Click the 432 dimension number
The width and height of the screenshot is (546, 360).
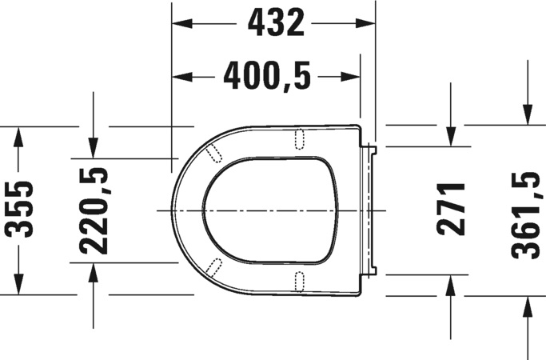pyautogui.click(x=276, y=23)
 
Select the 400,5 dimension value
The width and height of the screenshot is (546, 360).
pyautogui.click(x=267, y=76)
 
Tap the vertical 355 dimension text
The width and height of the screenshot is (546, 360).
pyautogui.click(x=20, y=209)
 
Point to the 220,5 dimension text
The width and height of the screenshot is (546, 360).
pyautogui.click(x=94, y=210)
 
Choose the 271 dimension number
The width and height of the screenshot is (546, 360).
pyautogui.click(x=450, y=209)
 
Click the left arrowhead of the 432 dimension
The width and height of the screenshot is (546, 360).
pyautogui.click(x=182, y=23)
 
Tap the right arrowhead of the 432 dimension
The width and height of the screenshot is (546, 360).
pyautogui.click(x=365, y=23)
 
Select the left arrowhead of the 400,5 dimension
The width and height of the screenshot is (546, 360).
pyautogui.click(x=182, y=77)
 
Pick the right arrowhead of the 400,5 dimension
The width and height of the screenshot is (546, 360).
pyautogui.click(x=350, y=77)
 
